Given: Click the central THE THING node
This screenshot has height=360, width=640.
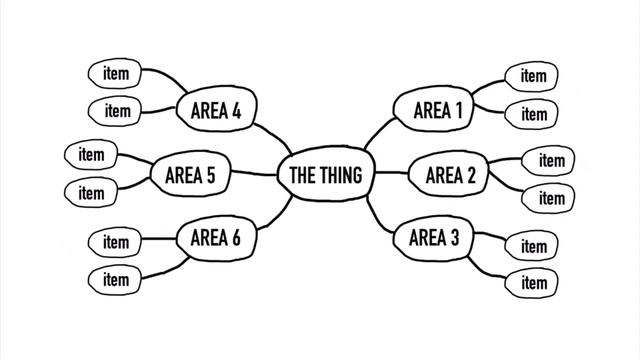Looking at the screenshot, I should tap(325, 176).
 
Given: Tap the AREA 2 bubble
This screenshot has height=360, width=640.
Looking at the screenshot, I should tap(450, 176).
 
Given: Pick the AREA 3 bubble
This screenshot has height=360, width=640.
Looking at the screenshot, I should tap(434, 238).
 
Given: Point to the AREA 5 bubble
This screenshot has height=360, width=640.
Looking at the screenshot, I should tap(190, 176).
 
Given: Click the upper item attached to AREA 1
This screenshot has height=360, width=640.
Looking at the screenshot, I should tap(533, 76).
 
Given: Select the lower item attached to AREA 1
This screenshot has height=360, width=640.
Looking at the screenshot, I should tap(533, 114).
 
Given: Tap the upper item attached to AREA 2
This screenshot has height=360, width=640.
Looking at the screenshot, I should tap(551, 160).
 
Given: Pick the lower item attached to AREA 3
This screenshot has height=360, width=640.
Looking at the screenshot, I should tap(533, 284).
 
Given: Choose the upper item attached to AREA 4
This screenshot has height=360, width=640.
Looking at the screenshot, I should tap(116, 73).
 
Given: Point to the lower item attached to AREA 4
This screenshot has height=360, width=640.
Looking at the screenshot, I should tap(116, 111).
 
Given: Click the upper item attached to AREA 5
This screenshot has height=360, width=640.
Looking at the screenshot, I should tap(91, 155).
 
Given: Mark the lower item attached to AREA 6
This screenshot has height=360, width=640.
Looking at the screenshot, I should tap(116, 279).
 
